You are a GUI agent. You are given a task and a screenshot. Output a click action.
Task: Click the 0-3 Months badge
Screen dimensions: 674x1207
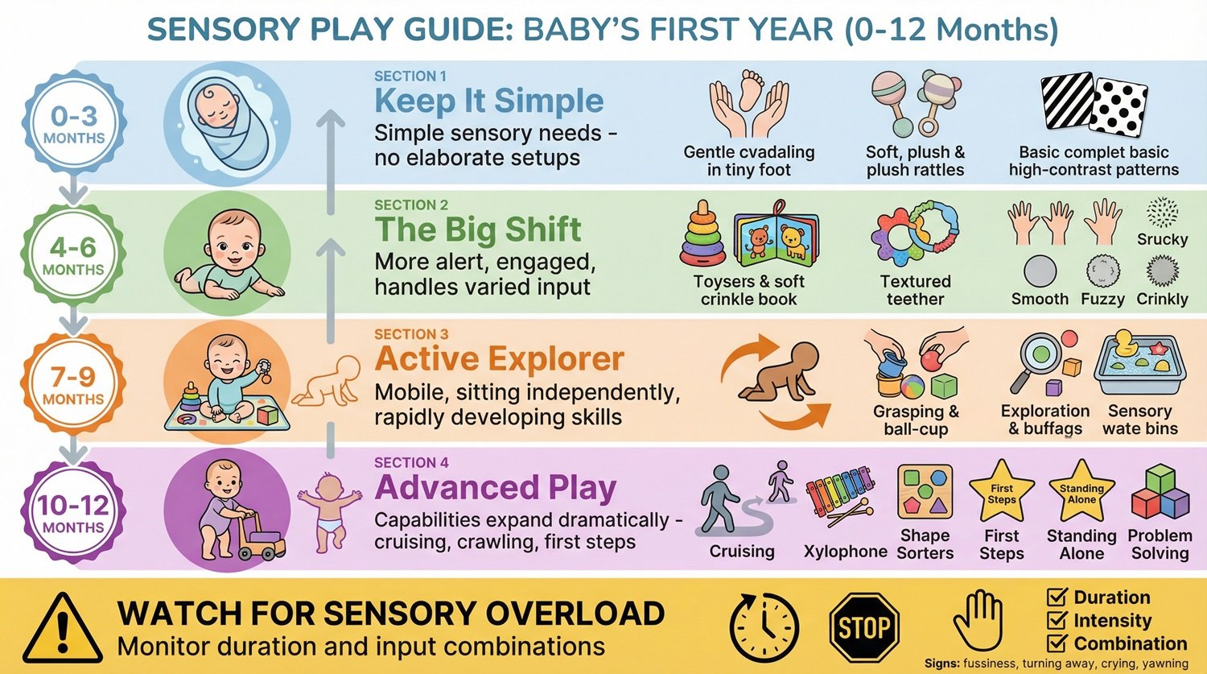[x=73, y=124]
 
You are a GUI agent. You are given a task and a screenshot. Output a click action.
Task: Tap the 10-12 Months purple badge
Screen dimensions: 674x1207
[x=73, y=513]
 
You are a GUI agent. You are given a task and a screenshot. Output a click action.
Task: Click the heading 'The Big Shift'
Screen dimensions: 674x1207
[x=477, y=229]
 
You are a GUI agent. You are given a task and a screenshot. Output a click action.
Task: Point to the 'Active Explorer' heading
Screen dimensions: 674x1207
[x=499, y=359]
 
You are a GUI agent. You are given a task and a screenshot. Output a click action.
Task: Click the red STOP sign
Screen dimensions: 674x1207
[x=863, y=627]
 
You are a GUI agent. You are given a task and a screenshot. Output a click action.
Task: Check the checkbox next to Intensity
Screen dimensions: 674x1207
[x=1056, y=620]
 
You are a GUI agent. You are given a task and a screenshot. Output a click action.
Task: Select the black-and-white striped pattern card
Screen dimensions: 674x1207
[x=1066, y=101]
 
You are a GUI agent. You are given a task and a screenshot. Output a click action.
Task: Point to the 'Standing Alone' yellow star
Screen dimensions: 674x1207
[x=1081, y=492]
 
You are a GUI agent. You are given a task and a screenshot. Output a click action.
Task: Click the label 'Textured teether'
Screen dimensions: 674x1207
[x=915, y=290]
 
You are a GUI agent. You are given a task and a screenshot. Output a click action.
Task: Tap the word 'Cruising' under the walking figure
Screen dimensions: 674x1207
[x=742, y=552]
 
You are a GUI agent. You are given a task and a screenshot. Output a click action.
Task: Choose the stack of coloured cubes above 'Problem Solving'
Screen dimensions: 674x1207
[x=1160, y=494]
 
